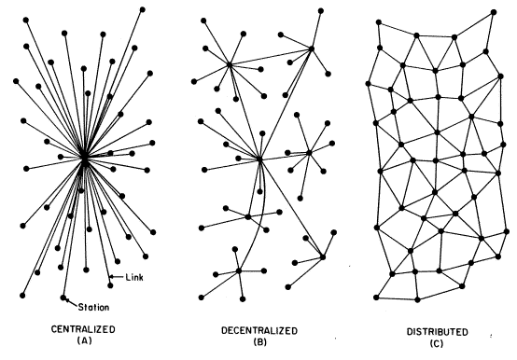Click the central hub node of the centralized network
coord(84,159)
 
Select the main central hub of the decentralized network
coord(260,160)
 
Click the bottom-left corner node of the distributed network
coord(375,298)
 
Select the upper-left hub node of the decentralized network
coord(230,64)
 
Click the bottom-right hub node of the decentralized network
coord(322,256)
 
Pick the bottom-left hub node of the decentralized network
coord(239,271)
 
